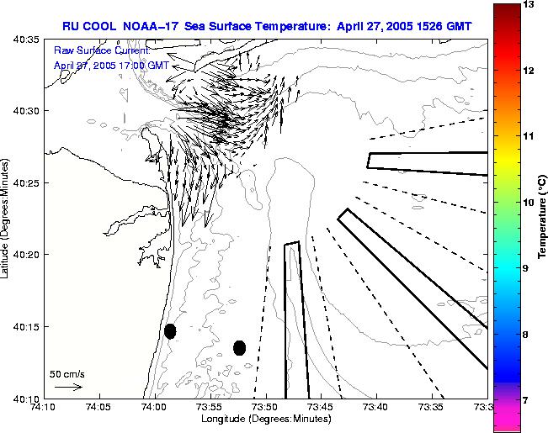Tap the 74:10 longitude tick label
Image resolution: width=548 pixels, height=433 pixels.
[x=44, y=407]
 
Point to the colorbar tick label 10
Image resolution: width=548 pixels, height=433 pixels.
[x=506, y=203]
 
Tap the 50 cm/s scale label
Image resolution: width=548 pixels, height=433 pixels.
[x=67, y=373]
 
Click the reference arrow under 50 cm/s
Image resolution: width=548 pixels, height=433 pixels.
[x=67, y=387]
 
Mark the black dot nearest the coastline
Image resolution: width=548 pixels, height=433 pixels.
[x=170, y=331]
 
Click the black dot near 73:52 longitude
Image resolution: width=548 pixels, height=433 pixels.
[x=239, y=347]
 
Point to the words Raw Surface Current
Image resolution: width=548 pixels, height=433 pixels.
[x=99, y=51]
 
